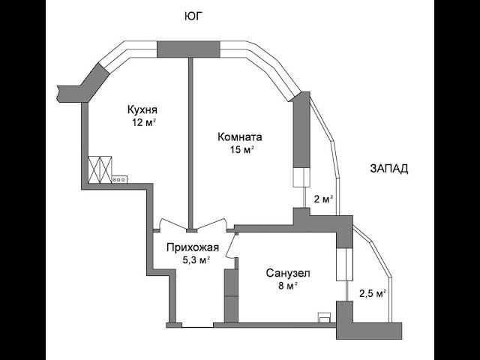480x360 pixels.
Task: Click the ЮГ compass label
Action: (x=194, y=16)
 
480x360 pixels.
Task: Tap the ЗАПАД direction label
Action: (x=389, y=169)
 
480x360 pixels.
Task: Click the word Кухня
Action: (x=142, y=109)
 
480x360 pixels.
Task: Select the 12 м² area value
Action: (x=144, y=122)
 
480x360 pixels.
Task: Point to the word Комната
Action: (x=240, y=136)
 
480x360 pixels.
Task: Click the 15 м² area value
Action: (x=242, y=150)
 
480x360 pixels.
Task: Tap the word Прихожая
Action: (x=193, y=247)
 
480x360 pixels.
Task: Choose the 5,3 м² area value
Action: (x=196, y=260)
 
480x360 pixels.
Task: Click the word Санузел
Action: (x=288, y=273)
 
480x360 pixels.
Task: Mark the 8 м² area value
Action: (x=288, y=286)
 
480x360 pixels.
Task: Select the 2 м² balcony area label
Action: (x=323, y=199)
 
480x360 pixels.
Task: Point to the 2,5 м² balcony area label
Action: (x=372, y=294)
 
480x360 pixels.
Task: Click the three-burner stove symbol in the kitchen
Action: (x=119, y=180)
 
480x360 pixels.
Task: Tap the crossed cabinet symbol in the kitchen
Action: (x=100, y=170)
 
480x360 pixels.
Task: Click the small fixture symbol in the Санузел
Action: (x=324, y=318)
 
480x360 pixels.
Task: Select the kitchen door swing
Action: (x=173, y=223)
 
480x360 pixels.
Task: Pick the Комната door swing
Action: (x=211, y=223)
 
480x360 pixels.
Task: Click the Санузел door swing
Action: (x=232, y=247)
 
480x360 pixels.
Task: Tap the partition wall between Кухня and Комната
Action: (x=190, y=143)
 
